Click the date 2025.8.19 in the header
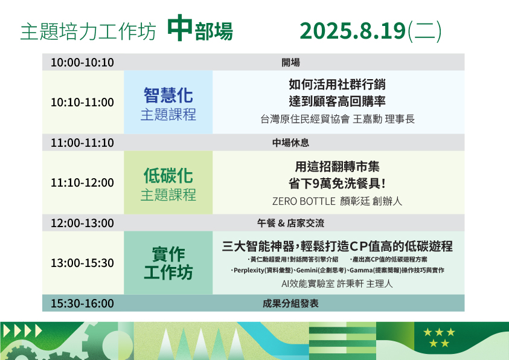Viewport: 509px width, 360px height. click(353, 31)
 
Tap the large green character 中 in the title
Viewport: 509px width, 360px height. click(180, 28)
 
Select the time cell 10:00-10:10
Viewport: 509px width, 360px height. click(82, 62)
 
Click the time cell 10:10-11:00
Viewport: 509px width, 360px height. click(82, 102)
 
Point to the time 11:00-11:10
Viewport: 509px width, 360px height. click(82, 143)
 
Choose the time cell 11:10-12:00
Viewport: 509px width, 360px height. click(82, 182)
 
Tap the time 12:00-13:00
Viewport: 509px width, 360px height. click(82, 223)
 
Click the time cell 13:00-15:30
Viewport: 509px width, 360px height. click(82, 263)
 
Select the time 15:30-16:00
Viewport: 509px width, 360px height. click(82, 303)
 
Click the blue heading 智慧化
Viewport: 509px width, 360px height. click(168, 95)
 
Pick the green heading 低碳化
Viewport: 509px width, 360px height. click(168, 176)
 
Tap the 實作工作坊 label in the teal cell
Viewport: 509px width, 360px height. click(168, 263)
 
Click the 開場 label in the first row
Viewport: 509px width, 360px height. click(290, 62)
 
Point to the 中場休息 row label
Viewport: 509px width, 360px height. click(290, 143)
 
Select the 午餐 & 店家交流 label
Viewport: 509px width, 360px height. click(290, 223)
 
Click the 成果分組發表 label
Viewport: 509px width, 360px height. click(290, 303)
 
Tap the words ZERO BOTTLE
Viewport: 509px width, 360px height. click(304, 201)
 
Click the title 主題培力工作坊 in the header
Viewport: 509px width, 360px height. click(88, 32)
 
